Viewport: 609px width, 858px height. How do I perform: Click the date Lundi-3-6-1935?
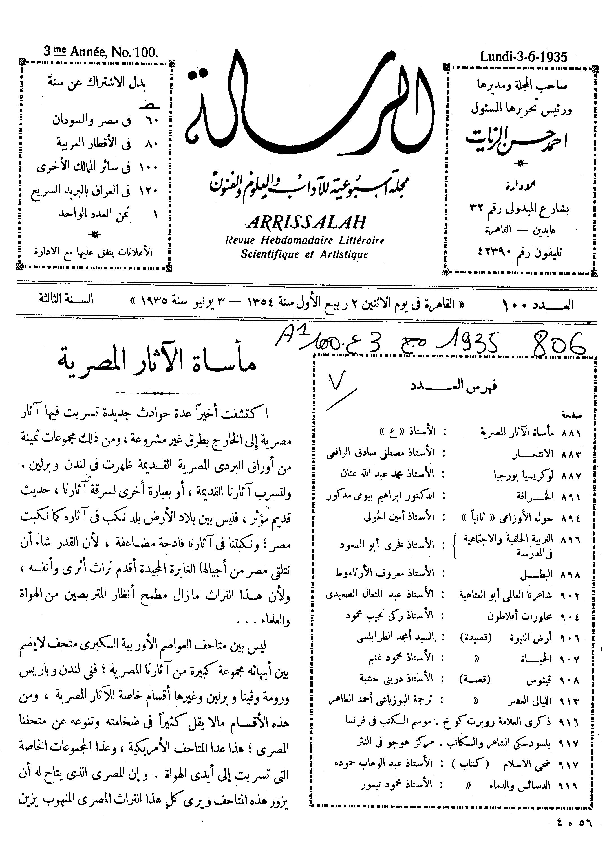(x=524, y=57)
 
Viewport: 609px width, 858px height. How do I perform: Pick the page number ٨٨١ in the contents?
(x=570, y=433)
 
